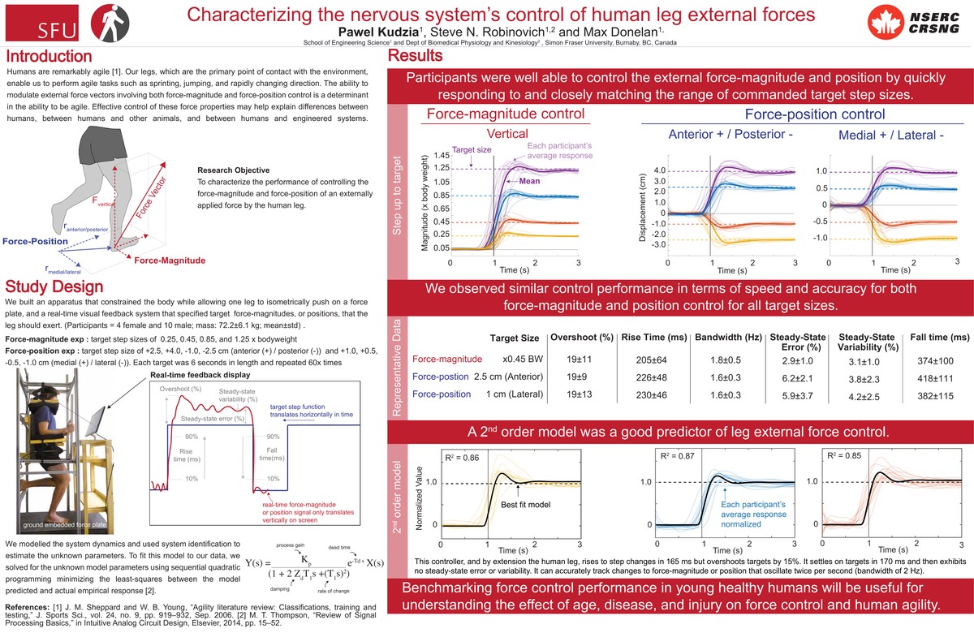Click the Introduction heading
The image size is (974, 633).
tap(48, 58)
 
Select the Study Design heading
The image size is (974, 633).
tap(54, 286)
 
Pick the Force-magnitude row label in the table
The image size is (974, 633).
tap(447, 359)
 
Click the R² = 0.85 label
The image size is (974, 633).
tap(842, 457)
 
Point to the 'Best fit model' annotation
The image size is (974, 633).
tap(527, 505)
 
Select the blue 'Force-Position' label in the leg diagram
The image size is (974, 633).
tap(35, 241)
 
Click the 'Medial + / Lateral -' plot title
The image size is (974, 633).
tap(886, 135)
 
